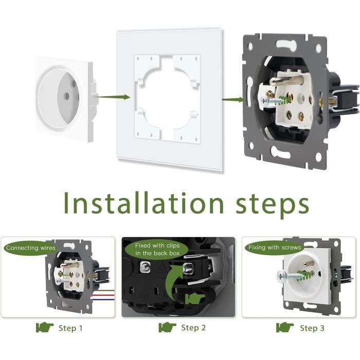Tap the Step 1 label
point(70,328)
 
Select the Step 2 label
point(193,328)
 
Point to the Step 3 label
point(312,328)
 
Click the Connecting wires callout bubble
point(30,248)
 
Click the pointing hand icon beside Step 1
point(45,328)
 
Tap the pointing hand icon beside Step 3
point(285,328)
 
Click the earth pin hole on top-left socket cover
point(74,83)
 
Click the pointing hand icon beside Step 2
point(168,328)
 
